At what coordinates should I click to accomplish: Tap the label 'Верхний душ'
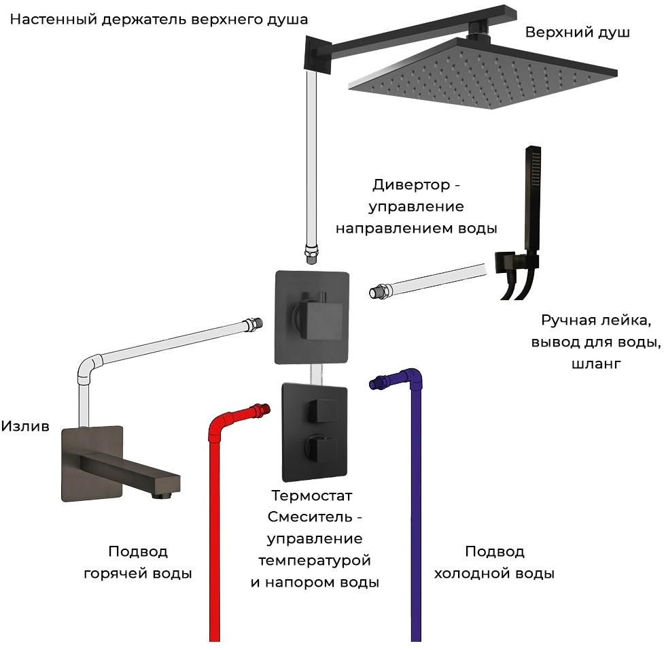pyautogui.click(x=577, y=33)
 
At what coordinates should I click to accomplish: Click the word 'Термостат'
pyautogui.click(x=312, y=495)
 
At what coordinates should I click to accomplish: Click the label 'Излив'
pyautogui.click(x=25, y=427)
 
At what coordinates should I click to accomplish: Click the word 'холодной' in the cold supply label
pyautogui.click(x=473, y=573)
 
